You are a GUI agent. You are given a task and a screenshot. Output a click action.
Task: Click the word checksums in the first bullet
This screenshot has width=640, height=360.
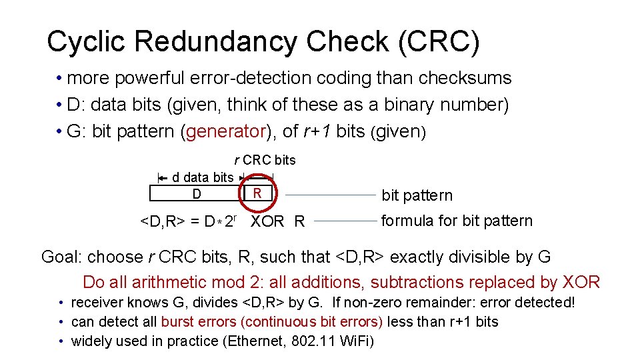(465, 78)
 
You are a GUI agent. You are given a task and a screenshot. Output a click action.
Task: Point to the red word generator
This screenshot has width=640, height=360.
(226, 131)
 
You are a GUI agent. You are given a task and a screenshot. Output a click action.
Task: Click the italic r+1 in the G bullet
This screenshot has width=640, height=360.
(317, 131)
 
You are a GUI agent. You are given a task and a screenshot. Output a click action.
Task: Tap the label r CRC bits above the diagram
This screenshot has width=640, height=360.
(264, 160)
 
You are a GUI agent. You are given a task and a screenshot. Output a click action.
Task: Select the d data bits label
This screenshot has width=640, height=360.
(203, 177)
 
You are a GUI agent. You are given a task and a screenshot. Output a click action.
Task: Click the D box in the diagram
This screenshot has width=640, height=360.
(196, 194)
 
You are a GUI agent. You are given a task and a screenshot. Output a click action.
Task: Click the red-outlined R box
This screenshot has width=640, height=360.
(257, 193)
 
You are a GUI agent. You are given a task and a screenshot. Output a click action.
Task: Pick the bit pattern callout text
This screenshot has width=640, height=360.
(417, 195)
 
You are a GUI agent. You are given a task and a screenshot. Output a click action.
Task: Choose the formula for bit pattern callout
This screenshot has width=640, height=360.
(457, 221)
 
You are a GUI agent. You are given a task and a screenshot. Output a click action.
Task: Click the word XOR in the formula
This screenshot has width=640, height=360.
(267, 221)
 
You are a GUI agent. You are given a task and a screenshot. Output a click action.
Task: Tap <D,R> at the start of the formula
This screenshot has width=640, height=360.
(162, 221)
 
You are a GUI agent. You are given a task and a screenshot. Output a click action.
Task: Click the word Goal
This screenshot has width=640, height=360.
(62, 257)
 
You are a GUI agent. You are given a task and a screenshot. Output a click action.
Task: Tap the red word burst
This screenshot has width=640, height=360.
(178, 321)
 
